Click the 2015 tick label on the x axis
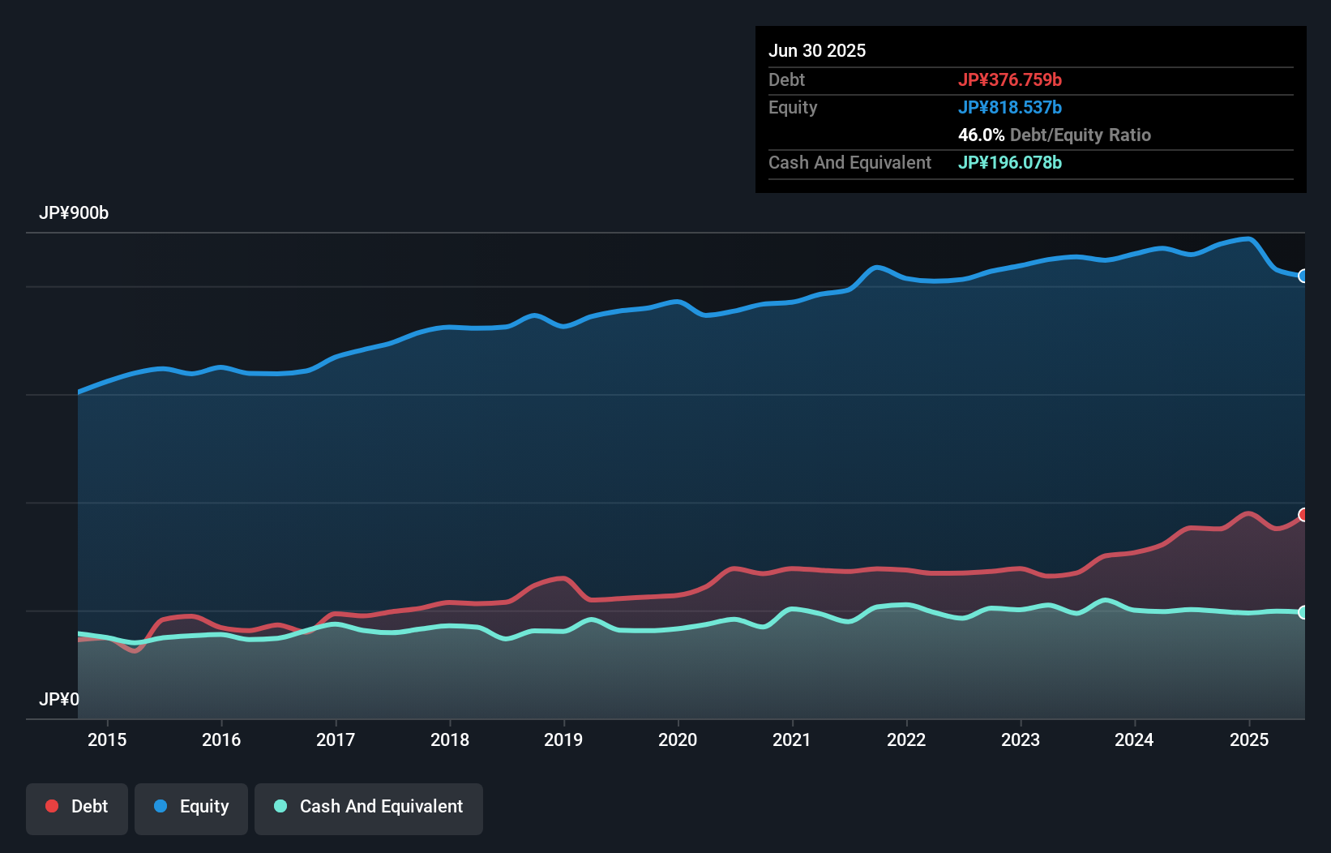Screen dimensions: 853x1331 (107, 739)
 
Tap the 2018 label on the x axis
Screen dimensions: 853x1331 (450, 739)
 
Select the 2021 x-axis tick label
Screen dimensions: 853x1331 (792, 739)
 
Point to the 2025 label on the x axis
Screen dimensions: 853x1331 (1249, 739)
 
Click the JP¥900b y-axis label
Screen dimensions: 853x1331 (74, 213)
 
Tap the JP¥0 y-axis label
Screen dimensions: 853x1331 (59, 699)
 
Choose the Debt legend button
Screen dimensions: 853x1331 (77, 807)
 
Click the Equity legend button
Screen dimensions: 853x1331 (191, 807)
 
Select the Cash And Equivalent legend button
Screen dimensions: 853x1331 (369, 807)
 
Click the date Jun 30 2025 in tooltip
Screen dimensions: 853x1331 (817, 50)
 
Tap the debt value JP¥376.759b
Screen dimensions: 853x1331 (1010, 79)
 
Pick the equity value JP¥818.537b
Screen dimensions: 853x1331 (1010, 107)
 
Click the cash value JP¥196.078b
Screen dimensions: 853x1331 (1010, 162)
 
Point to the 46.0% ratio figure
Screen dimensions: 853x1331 (981, 135)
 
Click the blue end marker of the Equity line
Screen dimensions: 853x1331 (1303, 276)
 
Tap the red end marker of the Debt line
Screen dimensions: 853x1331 (1303, 515)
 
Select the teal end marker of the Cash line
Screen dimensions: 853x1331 (1303, 612)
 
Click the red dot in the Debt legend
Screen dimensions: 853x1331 (52, 806)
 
